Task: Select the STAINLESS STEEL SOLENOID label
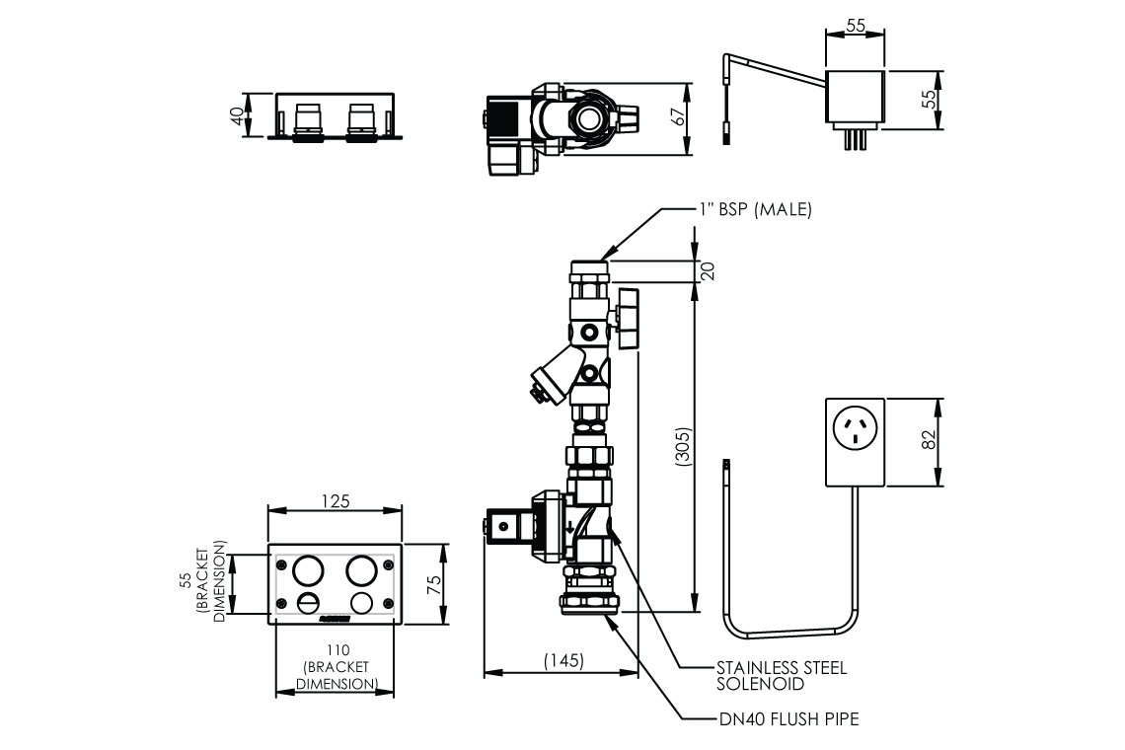click(781, 676)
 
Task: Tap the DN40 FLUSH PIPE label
click(788, 719)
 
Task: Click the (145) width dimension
click(562, 662)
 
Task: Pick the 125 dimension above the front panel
click(336, 501)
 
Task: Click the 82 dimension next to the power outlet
click(928, 442)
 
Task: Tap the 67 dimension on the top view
click(677, 115)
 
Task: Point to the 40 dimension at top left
click(236, 115)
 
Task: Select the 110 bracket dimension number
click(336, 651)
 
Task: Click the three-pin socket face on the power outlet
click(854, 427)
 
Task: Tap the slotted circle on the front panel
click(308, 602)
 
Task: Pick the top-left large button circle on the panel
click(308, 568)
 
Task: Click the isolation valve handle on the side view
click(628, 318)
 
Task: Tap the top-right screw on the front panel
click(388, 565)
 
